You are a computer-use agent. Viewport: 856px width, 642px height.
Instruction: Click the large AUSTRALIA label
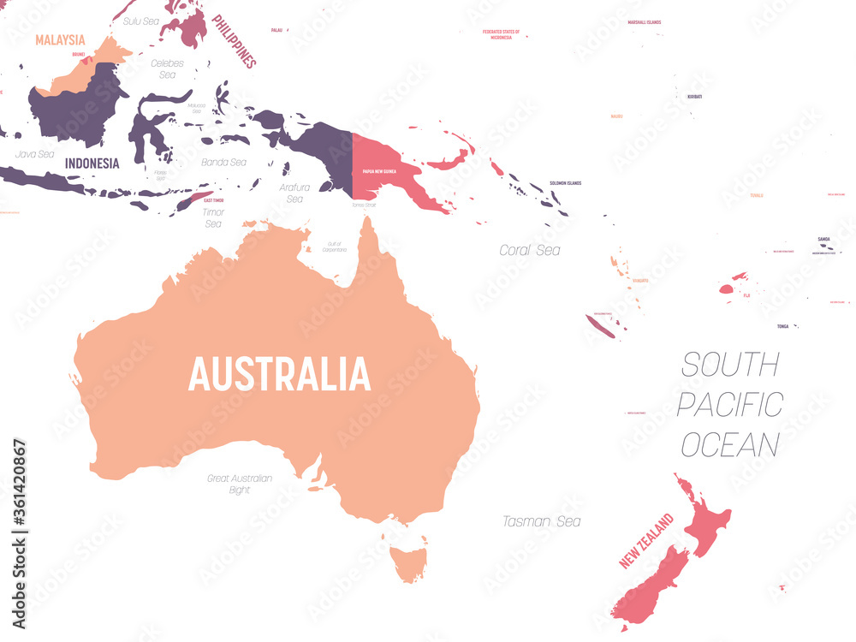[x=279, y=374]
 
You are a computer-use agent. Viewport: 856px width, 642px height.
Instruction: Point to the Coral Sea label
[x=530, y=250]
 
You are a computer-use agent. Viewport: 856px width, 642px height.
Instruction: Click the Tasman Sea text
[x=541, y=520]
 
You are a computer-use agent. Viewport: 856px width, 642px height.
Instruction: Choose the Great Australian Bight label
[x=240, y=484]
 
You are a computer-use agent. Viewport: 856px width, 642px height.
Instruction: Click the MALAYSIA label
[x=60, y=39]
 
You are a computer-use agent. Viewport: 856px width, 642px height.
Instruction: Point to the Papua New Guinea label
[x=380, y=171]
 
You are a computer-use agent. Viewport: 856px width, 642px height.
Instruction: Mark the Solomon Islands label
[x=565, y=183]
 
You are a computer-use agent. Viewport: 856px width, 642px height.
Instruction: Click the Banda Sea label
[x=223, y=162]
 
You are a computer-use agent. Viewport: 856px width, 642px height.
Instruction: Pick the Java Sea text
[x=34, y=155]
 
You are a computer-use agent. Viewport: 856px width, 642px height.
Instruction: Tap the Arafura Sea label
[x=294, y=193]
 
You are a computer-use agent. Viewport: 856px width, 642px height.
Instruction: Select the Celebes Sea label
[x=167, y=68]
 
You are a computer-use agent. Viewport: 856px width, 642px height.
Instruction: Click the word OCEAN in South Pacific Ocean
[x=730, y=445]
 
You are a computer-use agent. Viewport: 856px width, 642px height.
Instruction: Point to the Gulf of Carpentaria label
[x=335, y=247]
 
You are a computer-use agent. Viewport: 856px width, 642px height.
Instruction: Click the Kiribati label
[x=694, y=97]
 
